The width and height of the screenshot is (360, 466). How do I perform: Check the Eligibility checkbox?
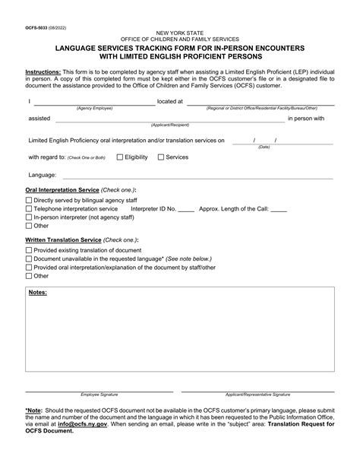pyautogui.click(x=120, y=157)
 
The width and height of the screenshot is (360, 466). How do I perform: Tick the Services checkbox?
pyautogui.click(x=160, y=157)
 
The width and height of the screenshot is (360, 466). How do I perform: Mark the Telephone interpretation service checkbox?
pyautogui.click(x=29, y=208)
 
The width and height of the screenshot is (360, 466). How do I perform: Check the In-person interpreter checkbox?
pyautogui.click(x=29, y=217)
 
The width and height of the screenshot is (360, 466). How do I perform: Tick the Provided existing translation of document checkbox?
pyautogui.click(x=29, y=249)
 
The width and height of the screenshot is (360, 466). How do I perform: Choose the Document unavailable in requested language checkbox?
pyautogui.click(x=29, y=258)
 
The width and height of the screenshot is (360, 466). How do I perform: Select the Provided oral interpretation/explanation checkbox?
pyautogui.click(x=29, y=268)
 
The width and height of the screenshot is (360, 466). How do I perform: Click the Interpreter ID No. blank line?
pyautogui.click(x=186, y=210)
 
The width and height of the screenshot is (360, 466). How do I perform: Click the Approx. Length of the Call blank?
pyautogui.click(x=278, y=210)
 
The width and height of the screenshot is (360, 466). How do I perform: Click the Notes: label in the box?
pyautogui.click(x=38, y=292)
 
